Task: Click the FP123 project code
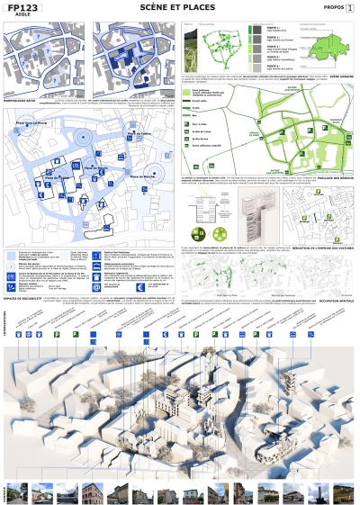pyautogui.click(x=25, y=7)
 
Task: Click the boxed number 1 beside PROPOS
pyautogui.click(x=350, y=7)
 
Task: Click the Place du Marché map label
pyautogui.click(x=145, y=177)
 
